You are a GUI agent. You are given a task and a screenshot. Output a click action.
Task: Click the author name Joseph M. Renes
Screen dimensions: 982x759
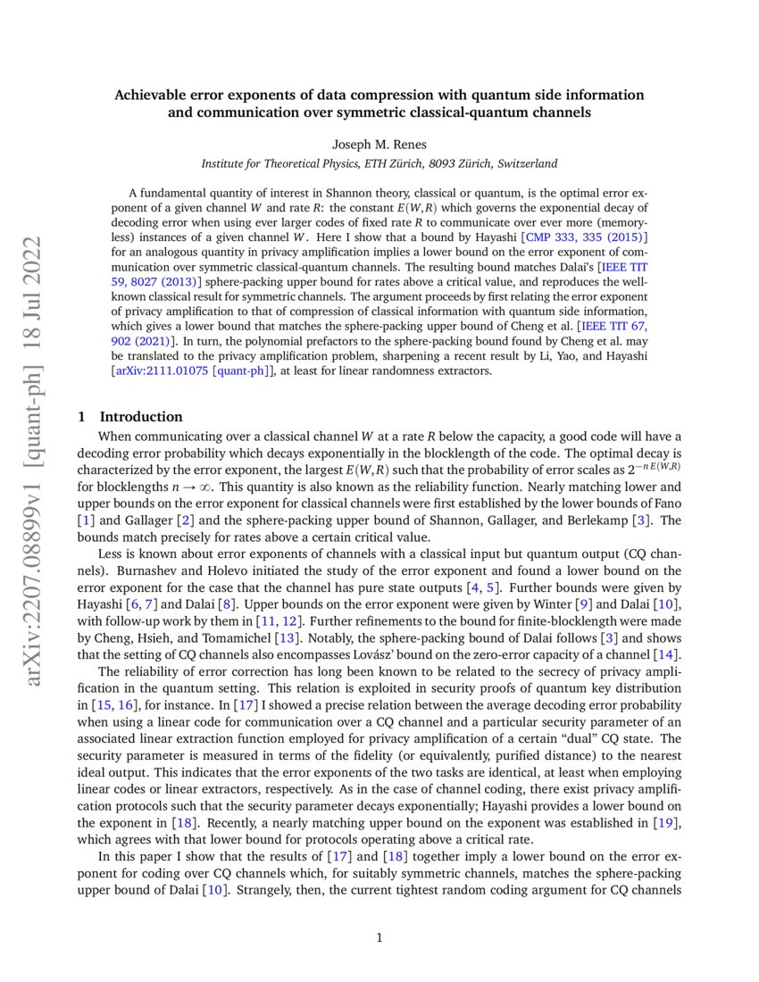tap(379, 144)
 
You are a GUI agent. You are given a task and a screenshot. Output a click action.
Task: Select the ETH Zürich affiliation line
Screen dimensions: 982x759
tap(379, 163)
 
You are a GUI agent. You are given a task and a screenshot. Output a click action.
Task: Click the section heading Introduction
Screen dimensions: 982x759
tap(141, 417)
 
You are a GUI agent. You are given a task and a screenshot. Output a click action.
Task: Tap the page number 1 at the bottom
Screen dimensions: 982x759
tap(379, 937)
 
